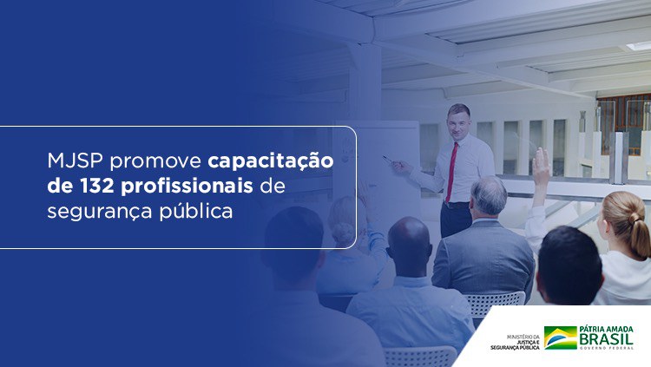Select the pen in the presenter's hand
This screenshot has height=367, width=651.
(387, 159)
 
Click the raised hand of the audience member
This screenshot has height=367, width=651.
(542, 165)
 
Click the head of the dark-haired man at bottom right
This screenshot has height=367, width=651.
(569, 265)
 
